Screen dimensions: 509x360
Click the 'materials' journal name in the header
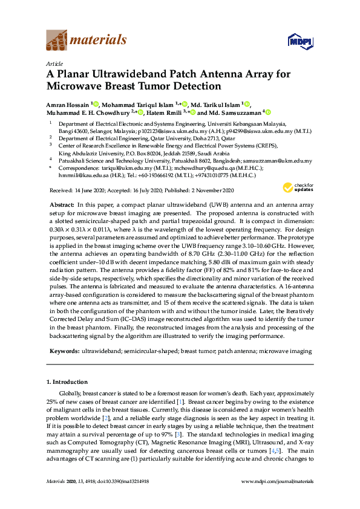coord(98,41)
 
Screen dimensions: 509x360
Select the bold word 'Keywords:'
coord(64,351)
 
